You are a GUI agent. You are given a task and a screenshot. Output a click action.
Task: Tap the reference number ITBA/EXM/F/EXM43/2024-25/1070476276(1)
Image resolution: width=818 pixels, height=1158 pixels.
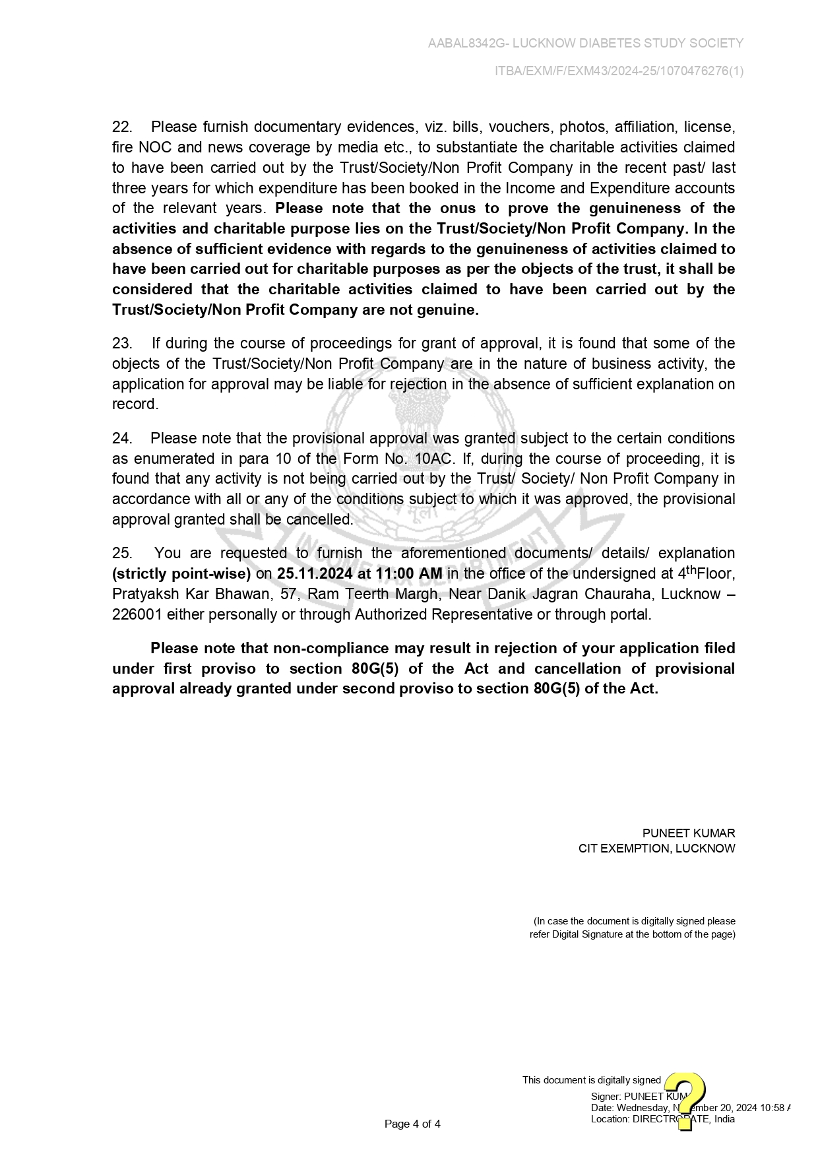point(619,71)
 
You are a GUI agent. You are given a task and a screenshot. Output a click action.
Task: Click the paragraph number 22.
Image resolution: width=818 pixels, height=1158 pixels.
point(122,127)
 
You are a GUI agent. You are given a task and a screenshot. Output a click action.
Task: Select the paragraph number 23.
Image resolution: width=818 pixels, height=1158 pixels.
point(122,343)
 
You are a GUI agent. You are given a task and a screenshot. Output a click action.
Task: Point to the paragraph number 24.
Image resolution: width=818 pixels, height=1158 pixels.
point(122,438)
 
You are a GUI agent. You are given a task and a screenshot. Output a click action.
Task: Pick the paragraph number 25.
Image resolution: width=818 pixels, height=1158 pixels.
point(122,553)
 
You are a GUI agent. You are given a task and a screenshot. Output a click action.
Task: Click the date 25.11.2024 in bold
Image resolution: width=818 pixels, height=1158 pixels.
point(315,573)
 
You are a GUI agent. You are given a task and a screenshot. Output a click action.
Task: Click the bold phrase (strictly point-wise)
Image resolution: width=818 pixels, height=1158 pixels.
point(181,573)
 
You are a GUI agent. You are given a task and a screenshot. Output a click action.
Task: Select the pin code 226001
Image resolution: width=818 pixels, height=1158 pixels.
point(137,614)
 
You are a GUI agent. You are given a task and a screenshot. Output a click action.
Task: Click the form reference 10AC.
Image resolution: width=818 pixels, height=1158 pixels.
point(433,459)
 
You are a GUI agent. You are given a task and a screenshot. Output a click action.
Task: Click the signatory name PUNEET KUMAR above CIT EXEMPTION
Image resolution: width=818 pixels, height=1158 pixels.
point(688,833)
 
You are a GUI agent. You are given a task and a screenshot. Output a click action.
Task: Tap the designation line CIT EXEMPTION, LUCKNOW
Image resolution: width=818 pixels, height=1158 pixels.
point(656,849)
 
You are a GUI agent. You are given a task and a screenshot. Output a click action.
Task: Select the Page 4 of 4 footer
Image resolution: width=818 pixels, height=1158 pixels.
point(412,1124)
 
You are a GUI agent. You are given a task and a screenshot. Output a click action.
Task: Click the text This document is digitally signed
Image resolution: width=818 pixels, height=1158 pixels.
point(591,1080)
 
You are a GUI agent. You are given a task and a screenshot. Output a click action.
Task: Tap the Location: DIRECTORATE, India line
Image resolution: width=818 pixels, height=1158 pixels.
point(662,1118)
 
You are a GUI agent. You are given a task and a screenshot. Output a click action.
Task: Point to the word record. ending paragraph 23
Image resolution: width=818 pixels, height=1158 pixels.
point(135,404)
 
